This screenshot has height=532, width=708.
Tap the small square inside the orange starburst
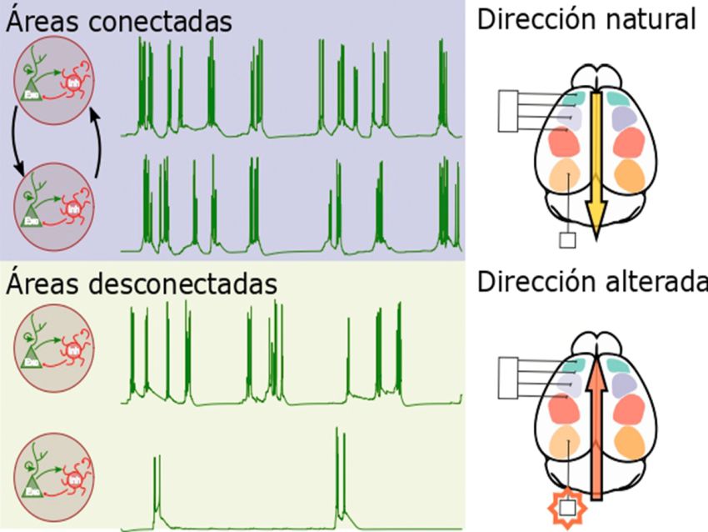[568, 507]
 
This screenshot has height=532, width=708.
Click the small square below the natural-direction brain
[568, 241]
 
